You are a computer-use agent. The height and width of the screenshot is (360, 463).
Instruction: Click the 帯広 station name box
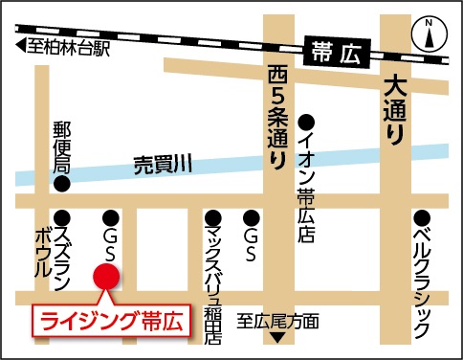(x=334, y=52)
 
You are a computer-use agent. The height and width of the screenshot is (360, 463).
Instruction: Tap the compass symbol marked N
(x=430, y=34)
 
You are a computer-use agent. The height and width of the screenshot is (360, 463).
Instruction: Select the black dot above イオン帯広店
(x=306, y=122)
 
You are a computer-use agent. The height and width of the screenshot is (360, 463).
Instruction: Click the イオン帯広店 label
(x=306, y=182)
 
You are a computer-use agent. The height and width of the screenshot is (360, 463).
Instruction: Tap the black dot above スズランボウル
(x=62, y=216)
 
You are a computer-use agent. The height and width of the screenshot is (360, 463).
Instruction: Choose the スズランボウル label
(x=54, y=253)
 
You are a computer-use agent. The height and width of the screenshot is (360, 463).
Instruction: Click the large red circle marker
(x=105, y=278)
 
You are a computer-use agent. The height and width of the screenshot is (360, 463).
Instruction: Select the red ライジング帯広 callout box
(x=111, y=319)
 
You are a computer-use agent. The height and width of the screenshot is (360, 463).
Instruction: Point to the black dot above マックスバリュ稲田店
(x=212, y=216)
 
